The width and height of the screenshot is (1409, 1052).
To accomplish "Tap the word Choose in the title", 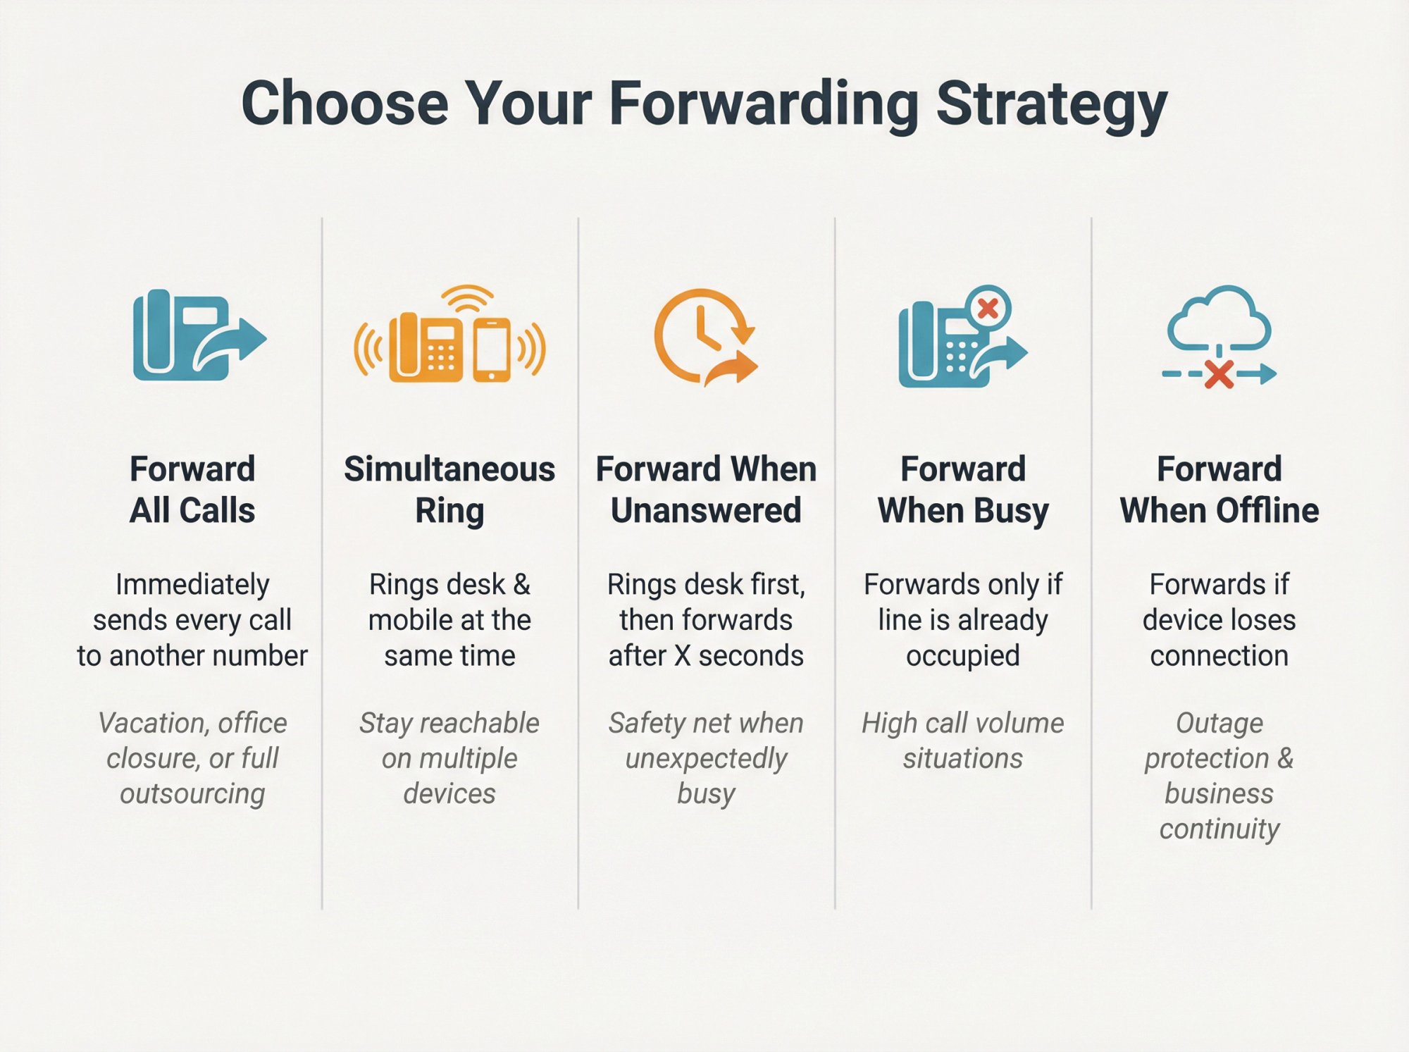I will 345,104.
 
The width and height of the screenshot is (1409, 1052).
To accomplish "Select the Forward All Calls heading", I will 192,490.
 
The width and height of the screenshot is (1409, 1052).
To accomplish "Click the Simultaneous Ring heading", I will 449,490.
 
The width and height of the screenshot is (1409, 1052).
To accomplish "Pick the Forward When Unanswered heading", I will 706,490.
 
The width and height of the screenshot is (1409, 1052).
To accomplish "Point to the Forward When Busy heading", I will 963,490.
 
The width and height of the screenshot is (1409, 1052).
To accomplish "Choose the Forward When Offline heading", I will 1219,490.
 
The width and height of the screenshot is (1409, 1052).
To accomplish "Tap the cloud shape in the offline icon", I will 1219,317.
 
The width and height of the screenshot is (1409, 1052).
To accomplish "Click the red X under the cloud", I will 1219,375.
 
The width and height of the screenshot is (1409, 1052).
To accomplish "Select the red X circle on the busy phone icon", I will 988,309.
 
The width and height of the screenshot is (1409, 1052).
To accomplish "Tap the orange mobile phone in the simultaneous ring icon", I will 492,349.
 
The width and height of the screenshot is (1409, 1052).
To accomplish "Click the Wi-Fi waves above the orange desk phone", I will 468,298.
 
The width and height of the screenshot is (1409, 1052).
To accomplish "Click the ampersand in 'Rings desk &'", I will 521,585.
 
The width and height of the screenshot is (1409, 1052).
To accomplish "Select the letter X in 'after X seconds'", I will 682,656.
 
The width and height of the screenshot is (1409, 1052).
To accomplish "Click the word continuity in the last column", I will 1219,829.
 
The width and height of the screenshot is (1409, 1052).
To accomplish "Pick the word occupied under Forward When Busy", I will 963,656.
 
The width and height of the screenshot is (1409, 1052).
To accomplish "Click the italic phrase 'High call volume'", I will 963,724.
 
